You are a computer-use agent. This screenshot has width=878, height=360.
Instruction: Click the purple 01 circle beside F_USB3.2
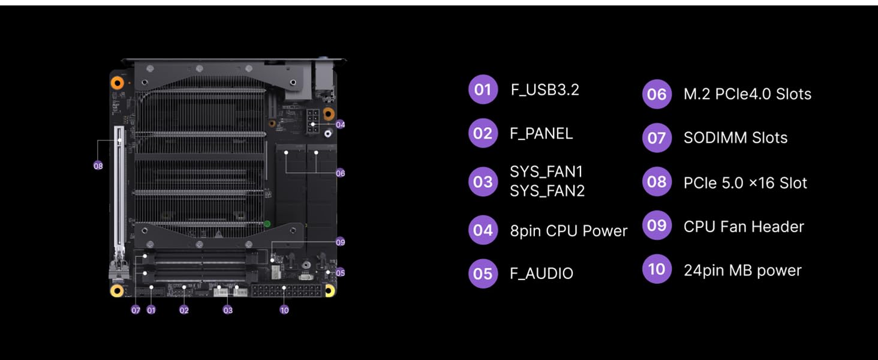pos(483,90)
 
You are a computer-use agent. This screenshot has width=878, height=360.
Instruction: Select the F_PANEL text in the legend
pos(541,133)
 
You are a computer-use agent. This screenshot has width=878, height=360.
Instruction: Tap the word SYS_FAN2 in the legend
pos(546,191)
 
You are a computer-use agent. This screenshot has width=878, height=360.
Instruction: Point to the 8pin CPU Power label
pos(568,231)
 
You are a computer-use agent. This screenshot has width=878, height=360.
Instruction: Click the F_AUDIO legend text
pos(541,274)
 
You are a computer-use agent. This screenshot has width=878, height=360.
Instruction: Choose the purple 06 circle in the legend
pos(657,94)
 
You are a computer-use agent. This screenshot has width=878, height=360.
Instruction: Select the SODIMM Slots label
pos(735,138)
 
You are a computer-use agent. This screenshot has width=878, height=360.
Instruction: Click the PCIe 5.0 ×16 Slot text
pos(745,183)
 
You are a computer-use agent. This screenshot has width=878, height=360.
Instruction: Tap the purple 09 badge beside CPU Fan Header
pos(657,226)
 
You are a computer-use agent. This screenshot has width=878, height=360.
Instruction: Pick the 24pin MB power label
pos(742,271)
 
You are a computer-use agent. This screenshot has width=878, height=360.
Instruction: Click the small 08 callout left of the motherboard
pos(98,166)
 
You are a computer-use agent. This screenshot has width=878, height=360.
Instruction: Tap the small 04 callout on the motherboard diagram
pos(340,125)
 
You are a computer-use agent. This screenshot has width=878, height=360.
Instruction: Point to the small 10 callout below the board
pos(284,310)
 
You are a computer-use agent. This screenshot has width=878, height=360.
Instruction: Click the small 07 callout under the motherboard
pos(136,310)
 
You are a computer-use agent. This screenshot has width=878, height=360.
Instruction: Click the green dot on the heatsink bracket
pos(267,224)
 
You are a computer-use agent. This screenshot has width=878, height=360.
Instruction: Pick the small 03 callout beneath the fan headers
pos(228,310)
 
